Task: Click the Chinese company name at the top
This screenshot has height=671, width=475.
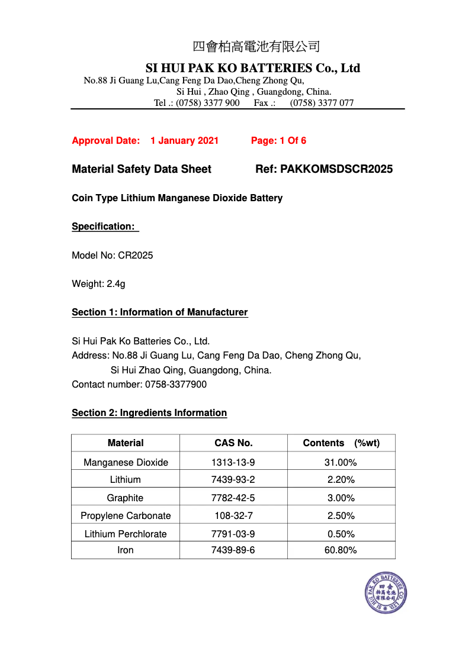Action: click(x=256, y=47)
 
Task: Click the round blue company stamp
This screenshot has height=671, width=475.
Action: click(x=386, y=593)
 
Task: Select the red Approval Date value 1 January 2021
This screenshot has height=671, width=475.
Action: click(x=184, y=141)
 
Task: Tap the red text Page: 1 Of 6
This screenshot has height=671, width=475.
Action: click(x=278, y=141)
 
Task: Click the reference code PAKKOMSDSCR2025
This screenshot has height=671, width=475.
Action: click(x=336, y=169)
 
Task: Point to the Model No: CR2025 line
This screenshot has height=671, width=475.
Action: click(x=113, y=256)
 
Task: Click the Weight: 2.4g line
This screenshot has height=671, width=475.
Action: click(x=98, y=284)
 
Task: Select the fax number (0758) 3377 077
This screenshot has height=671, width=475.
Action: click(x=322, y=103)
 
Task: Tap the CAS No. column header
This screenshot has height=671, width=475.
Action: click(x=233, y=443)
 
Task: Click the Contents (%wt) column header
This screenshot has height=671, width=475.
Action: click(x=341, y=443)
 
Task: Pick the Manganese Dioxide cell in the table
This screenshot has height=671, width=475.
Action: click(x=126, y=463)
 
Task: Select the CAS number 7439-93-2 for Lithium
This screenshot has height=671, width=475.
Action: click(x=233, y=480)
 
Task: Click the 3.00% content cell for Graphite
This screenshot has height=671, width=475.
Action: click(x=341, y=498)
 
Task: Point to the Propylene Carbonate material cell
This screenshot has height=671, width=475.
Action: click(x=126, y=516)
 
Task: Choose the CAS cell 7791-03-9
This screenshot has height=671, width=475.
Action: click(x=233, y=534)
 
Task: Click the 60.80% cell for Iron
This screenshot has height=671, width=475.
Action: click(x=341, y=550)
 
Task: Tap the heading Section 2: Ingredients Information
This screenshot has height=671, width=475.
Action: click(x=149, y=413)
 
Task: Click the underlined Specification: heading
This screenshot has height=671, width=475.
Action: click(x=104, y=227)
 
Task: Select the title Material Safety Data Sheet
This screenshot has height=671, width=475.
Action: click(x=142, y=169)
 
